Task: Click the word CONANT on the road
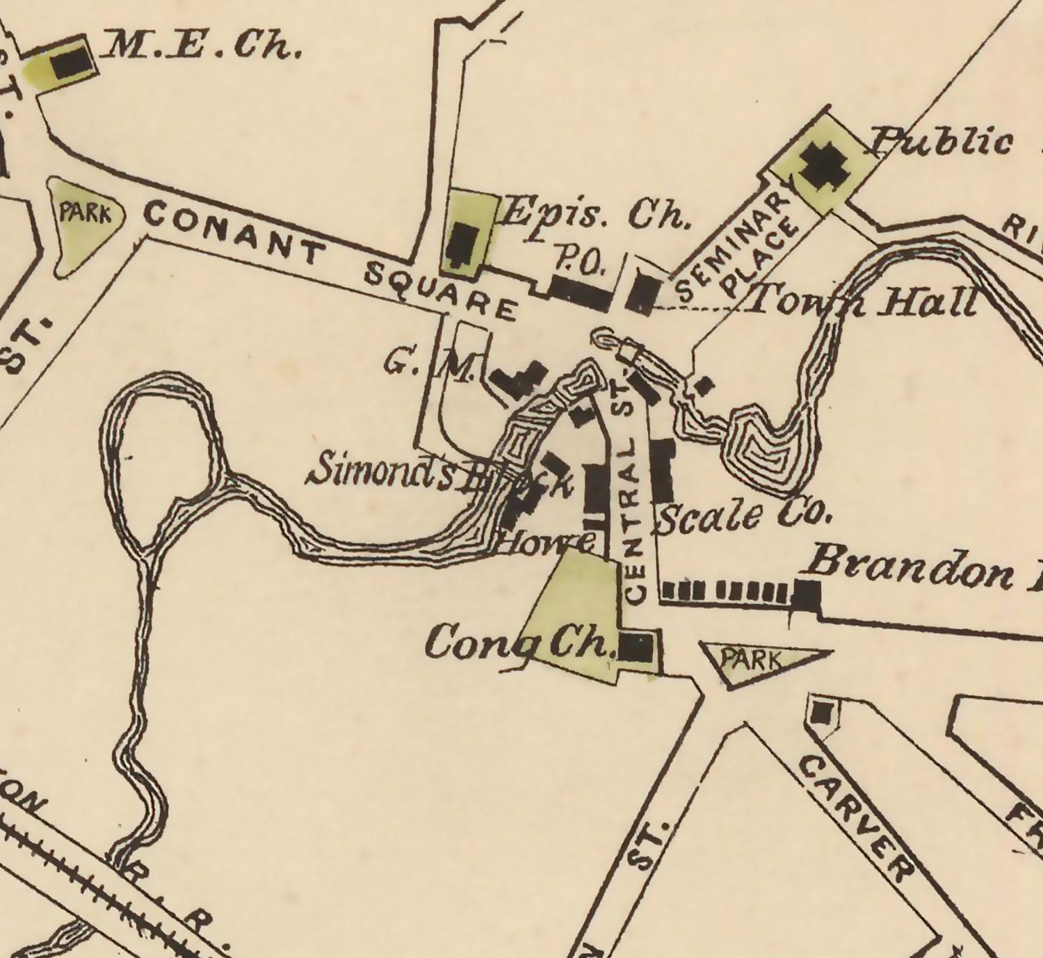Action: pyautogui.click(x=234, y=232)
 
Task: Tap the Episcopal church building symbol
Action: pyautogui.click(x=461, y=245)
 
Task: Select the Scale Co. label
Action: pyautogui.click(x=743, y=517)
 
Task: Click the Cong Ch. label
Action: pyautogui.click(x=519, y=643)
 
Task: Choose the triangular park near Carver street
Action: pyautogui.click(x=754, y=661)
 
